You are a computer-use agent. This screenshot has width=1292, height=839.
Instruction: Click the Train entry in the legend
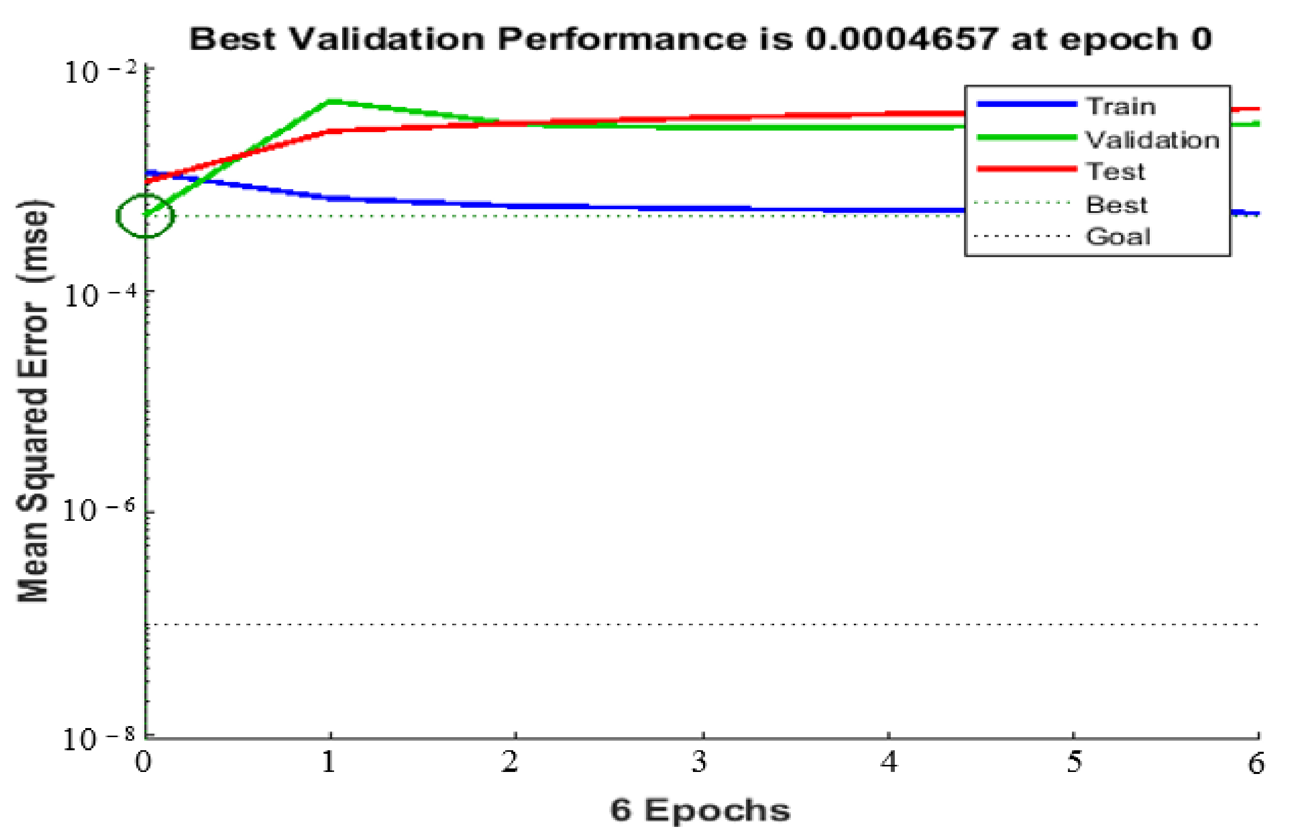[x=1120, y=106]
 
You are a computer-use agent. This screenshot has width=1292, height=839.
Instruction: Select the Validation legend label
[x=1151, y=140]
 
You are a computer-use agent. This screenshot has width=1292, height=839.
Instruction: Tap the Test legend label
[x=1115, y=171]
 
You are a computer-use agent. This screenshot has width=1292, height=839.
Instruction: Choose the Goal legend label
[x=1118, y=236]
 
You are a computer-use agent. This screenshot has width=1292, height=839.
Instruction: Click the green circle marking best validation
[x=145, y=215]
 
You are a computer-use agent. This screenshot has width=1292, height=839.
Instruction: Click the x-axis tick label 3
[x=699, y=762]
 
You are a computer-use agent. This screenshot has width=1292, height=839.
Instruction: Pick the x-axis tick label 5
[x=1074, y=762]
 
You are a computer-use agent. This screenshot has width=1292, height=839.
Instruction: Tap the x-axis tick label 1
[x=329, y=762]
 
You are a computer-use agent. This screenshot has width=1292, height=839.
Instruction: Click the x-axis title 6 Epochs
[x=701, y=810]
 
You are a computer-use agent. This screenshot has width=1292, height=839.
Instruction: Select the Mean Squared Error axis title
[x=34, y=401]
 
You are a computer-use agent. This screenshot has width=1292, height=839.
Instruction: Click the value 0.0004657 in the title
[x=901, y=39]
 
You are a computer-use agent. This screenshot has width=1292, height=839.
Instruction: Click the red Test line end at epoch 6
[x=1257, y=109]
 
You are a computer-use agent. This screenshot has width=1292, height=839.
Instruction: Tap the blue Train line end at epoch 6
[x=1257, y=214]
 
